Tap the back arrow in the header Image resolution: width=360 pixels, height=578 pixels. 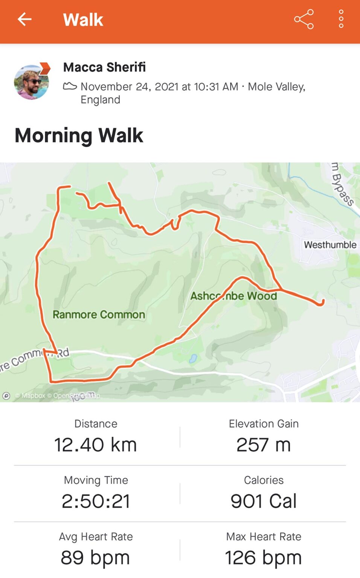coord(24,19)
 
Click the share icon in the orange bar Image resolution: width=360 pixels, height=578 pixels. coord(304,19)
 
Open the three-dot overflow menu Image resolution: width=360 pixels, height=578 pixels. coord(341,19)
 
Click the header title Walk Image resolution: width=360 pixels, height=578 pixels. coord(83,20)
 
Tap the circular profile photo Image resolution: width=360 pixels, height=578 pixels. coord(32,82)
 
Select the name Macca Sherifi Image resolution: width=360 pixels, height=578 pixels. coord(104,67)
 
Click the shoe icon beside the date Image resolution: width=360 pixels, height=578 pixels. coord(70,86)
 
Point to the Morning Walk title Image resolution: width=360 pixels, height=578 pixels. coord(79,135)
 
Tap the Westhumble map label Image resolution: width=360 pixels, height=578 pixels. coord(330,245)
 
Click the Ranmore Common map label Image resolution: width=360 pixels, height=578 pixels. coord(99,315)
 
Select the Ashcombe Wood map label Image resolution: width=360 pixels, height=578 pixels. coord(233,296)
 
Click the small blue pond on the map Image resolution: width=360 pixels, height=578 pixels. coord(193,359)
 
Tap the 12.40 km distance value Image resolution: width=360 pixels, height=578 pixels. coord(95,445)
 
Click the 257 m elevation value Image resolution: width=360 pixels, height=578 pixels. coord(264,445)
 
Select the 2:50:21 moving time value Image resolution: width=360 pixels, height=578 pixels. coord(96,501)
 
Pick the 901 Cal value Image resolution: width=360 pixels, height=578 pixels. coord(264,501)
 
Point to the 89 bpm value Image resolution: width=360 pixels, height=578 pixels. coord(95,558)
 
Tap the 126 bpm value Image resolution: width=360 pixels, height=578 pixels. coord(264,558)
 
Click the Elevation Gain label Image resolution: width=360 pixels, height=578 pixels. coord(264,424)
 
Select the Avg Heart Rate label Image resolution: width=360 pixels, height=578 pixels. coord(96,537)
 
